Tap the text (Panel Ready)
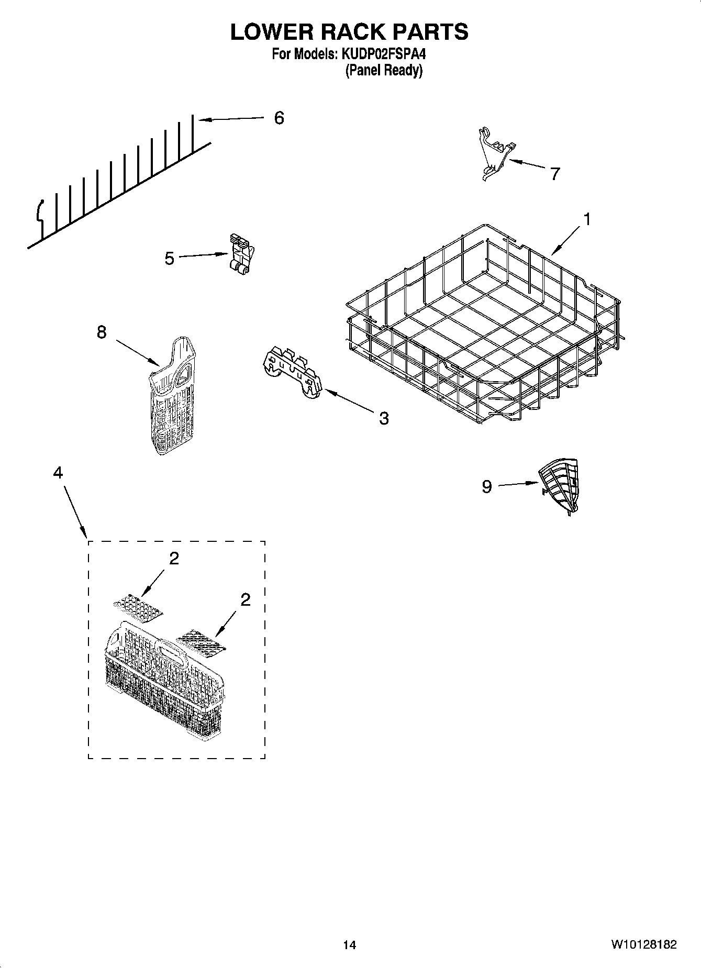383,70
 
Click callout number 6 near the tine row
279,118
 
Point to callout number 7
555,173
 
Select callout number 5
169,258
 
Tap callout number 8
101,332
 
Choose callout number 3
384,418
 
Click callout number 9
487,487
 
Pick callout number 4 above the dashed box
58,473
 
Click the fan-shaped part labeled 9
560,484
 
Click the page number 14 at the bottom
349,945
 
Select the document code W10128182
643,945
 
